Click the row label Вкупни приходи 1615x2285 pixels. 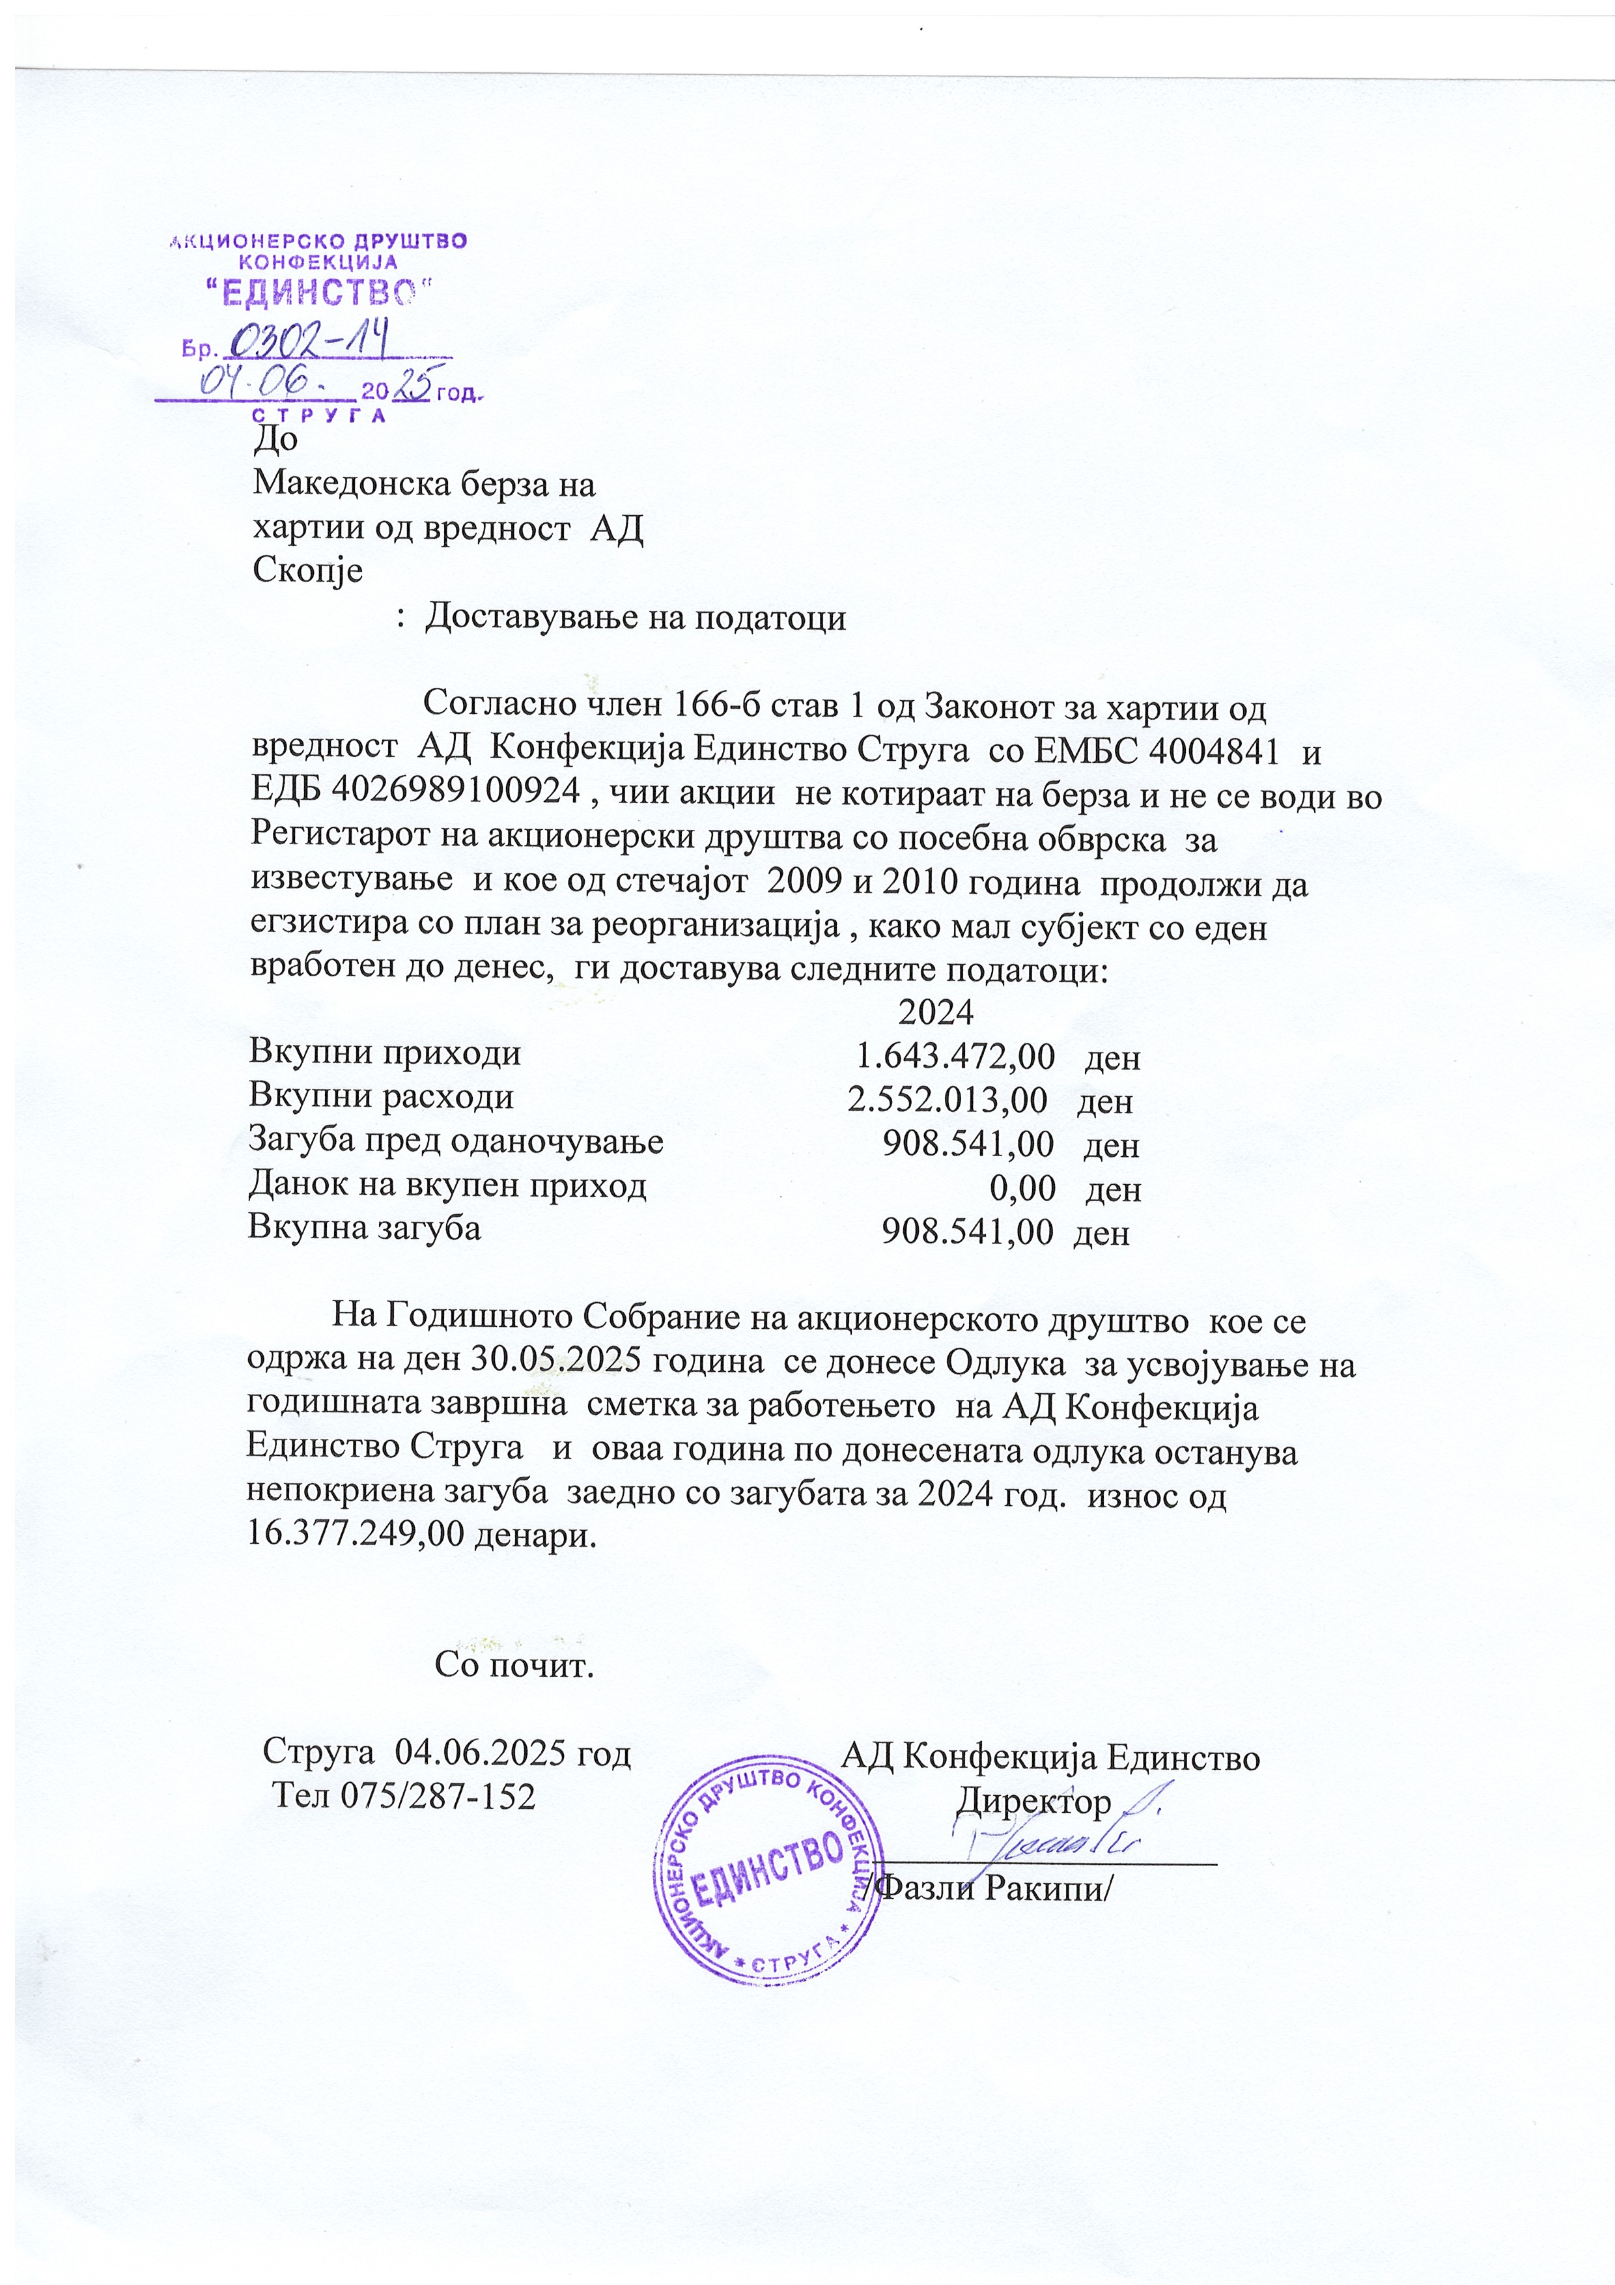(x=384, y=1052)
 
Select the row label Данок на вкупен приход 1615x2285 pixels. (x=448, y=1185)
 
